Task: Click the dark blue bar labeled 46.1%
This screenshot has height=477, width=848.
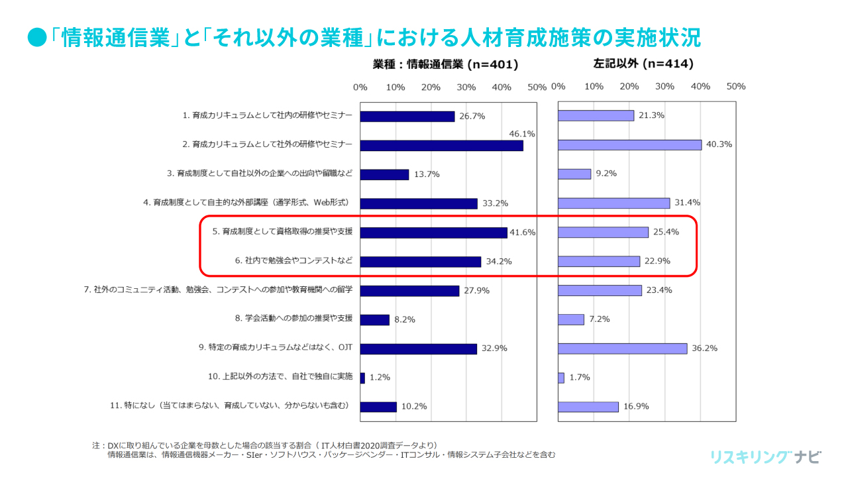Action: (441, 146)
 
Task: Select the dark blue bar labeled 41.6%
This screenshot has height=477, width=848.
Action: (433, 233)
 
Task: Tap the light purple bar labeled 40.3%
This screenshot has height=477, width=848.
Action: (629, 145)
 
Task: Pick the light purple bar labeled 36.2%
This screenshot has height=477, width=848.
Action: (622, 348)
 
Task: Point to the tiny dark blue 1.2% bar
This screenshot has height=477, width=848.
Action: (362, 378)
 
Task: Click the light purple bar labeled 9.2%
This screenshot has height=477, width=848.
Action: (574, 174)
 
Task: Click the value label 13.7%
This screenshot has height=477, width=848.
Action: (426, 174)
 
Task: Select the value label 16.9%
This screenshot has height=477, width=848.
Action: (635, 407)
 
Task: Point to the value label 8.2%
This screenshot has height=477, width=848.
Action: (404, 319)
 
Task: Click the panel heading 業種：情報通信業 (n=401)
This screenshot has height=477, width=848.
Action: (445, 65)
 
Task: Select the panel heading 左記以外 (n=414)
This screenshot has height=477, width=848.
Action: (643, 64)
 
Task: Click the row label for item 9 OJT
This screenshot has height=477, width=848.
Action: (275, 347)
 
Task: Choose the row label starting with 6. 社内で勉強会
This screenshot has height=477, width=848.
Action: (293, 261)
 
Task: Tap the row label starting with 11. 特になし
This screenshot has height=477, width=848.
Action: (229, 405)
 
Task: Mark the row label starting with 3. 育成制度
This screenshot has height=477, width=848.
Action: (260, 174)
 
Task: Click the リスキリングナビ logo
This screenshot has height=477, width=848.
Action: (765, 457)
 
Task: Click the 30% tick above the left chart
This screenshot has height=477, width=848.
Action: (466, 87)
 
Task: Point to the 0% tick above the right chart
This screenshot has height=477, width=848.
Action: (558, 87)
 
